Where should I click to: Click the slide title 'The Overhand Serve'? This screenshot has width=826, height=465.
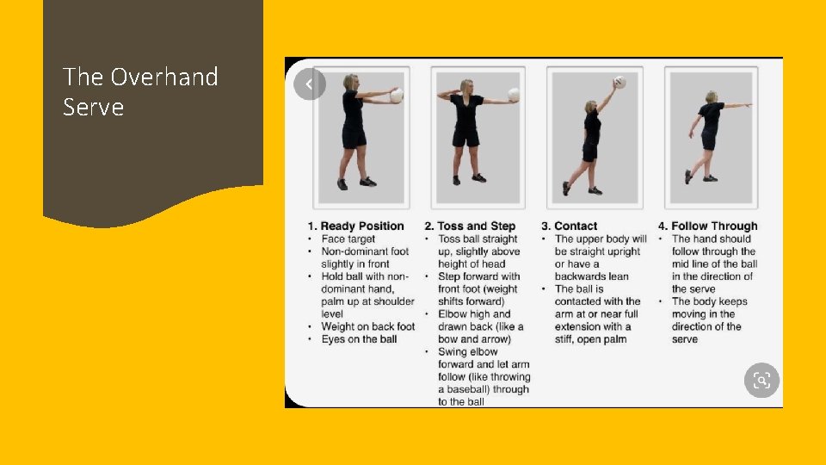tap(140, 92)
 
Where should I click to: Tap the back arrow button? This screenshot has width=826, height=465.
tap(309, 84)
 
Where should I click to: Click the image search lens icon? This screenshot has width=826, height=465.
tap(761, 380)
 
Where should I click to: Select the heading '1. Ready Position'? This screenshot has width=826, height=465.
tap(355, 226)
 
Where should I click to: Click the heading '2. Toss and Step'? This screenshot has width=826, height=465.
tap(470, 226)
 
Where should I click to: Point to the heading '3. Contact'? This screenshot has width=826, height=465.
tap(570, 226)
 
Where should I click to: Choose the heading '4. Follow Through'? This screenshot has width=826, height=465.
tap(707, 226)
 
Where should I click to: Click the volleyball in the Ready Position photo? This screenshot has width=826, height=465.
tap(397, 96)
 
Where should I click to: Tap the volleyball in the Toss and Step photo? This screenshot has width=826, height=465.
tap(514, 95)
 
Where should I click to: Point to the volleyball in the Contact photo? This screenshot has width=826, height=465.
tap(619, 83)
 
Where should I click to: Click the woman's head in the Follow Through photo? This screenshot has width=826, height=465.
tap(712, 97)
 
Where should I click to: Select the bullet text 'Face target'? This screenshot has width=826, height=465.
tap(348, 239)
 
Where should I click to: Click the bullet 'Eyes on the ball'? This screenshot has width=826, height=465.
tap(360, 339)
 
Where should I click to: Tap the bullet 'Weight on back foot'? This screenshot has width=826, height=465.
tap(368, 326)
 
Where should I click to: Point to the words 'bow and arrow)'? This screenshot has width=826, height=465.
tap(475, 339)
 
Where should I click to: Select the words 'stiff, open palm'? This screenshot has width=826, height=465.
tap(590, 339)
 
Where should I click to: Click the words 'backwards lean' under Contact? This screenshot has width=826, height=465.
tap(592, 276)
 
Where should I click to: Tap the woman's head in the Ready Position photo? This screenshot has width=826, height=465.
tap(350, 82)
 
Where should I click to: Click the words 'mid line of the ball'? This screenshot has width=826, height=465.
tap(714, 263)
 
